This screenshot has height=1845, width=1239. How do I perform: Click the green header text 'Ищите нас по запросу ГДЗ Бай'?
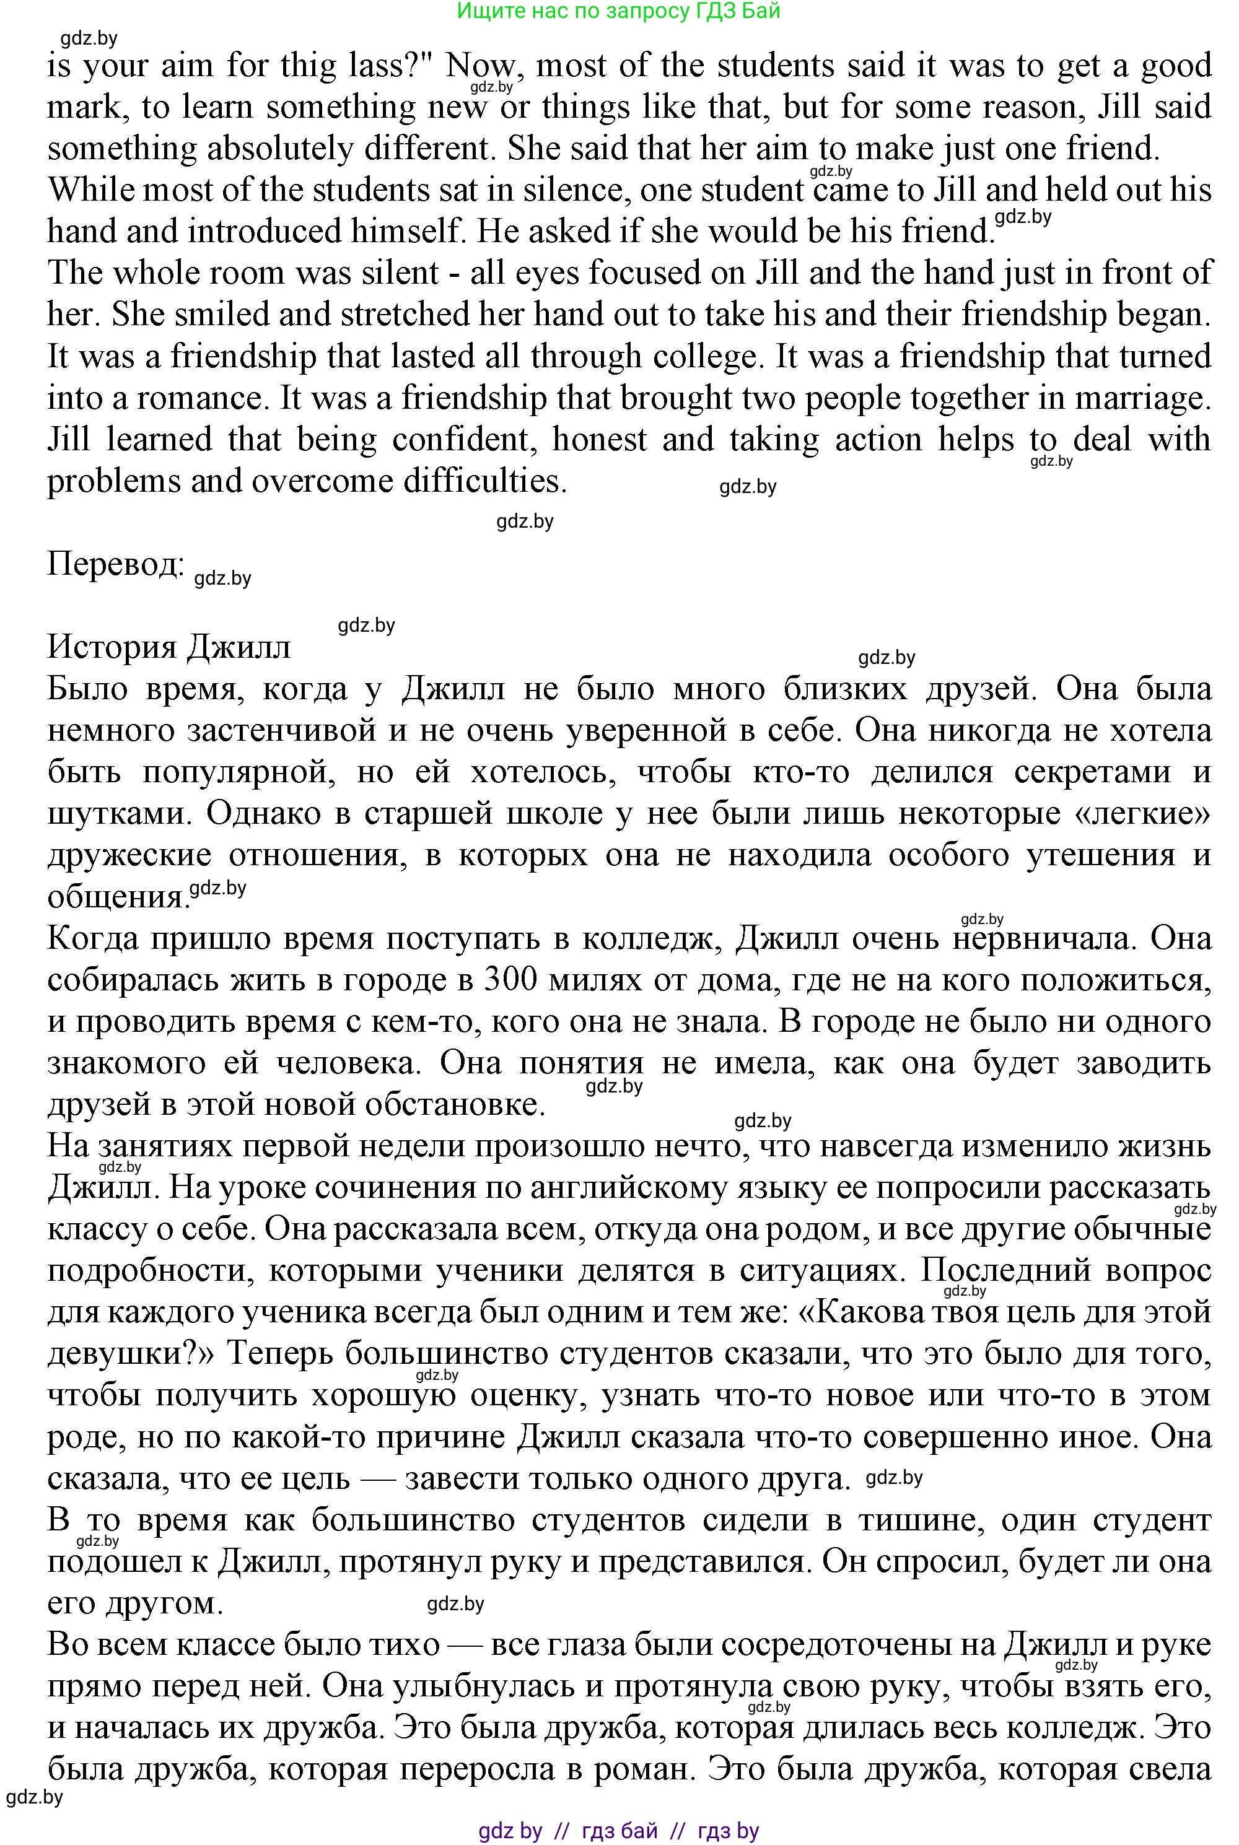point(619,11)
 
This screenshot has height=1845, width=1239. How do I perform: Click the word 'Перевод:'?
point(115,565)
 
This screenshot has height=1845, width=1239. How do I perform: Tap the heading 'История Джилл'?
point(169,647)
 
